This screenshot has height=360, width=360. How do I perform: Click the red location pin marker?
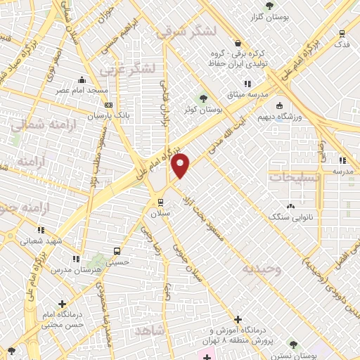pos(181,165)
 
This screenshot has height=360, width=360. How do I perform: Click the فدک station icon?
pos(342,34)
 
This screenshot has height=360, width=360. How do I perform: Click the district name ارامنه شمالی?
pos(37,125)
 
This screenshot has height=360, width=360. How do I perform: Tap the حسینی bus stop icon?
pos(117,250)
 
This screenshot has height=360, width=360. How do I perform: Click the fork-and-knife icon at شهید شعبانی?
pos(41,229)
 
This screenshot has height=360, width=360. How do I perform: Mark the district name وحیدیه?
pos(262,269)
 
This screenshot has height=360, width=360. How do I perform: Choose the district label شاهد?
pos(150,329)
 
